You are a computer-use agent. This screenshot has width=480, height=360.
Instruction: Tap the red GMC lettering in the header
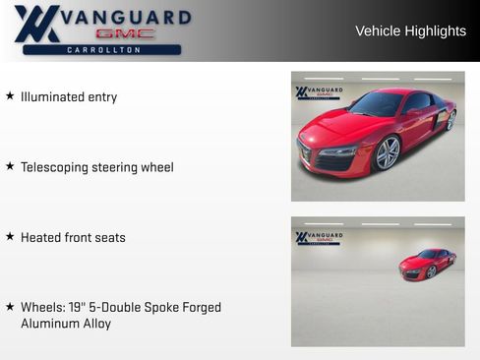coord(125,33)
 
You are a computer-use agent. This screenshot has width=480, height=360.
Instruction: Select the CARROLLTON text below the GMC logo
coord(103,49)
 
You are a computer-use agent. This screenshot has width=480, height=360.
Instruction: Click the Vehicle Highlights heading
coord(410,31)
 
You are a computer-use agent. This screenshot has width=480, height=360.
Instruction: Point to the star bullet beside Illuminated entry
coord(10,96)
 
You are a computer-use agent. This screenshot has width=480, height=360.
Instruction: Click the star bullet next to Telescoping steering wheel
coord(10,166)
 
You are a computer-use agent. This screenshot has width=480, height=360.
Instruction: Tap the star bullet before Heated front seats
coord(10,236)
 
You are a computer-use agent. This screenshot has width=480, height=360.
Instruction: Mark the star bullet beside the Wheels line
coord(10,307)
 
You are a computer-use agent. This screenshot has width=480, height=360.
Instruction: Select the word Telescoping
coord(56,167)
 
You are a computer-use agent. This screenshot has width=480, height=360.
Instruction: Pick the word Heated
coord(42,237)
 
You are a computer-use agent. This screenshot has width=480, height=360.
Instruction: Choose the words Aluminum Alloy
coord(66,324)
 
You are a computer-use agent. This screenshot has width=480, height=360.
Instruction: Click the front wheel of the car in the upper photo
coord(388,152)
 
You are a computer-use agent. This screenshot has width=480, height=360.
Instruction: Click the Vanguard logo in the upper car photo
coord(319,92)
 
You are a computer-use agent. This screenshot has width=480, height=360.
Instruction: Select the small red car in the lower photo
coord(428,264)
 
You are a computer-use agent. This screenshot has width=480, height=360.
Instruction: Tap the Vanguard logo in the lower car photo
coord(319,237)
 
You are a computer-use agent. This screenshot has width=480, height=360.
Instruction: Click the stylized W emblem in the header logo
coord(36,24)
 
